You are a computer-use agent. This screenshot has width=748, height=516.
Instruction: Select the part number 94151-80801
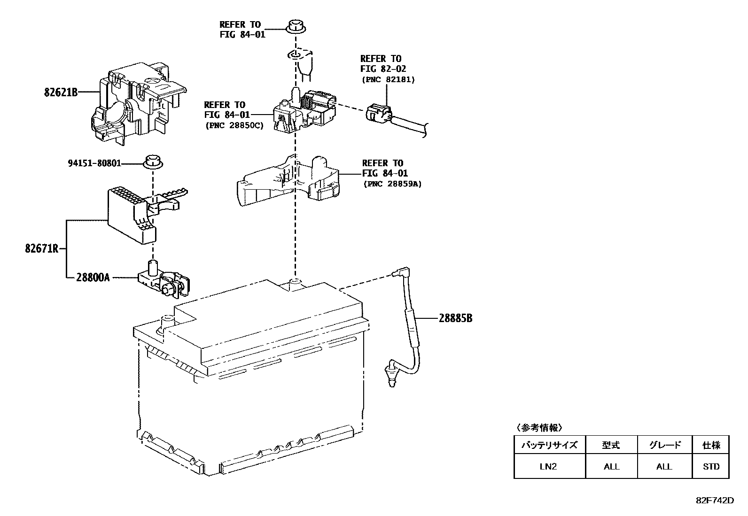(94, 163)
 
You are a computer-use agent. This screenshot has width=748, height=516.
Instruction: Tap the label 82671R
(41, 248)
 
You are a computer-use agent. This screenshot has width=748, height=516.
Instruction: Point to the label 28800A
(93, 277)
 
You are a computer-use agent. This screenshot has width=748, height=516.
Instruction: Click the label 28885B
(455, 318)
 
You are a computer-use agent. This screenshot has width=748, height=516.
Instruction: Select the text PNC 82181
(388, 79)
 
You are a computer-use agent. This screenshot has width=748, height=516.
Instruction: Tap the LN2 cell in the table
(549, 467)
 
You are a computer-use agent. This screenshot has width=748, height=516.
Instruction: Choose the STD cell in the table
(711, 467)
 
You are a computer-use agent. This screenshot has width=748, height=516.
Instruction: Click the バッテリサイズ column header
(549, 445)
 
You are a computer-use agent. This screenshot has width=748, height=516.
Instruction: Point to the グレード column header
(664, 445)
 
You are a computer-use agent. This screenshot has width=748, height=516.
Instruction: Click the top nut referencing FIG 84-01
(296, 26)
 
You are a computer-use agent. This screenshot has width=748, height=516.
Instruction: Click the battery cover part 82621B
(136, 103)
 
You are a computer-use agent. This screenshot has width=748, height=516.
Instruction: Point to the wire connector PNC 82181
(378, 114)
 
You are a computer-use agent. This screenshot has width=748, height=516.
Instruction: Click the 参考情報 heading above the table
(539, 428)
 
